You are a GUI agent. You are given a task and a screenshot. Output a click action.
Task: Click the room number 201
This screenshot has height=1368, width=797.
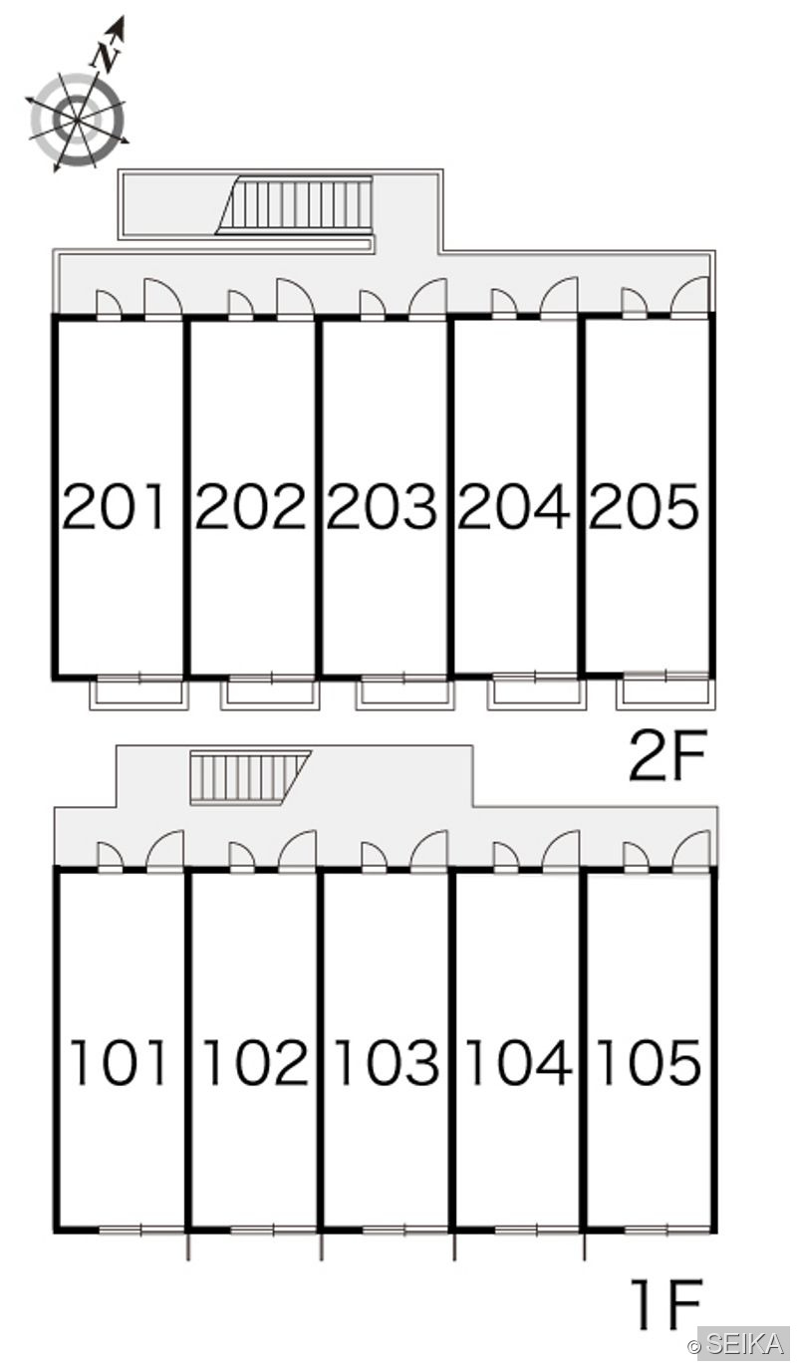[x=115, y=506]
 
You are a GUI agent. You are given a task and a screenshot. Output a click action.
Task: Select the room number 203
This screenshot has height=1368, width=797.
[x=383, y=506]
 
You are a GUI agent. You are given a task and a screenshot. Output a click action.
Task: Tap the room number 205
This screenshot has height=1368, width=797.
[x=644, y=506]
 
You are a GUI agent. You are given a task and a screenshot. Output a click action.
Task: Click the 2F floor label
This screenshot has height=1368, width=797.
[x=666, y=756]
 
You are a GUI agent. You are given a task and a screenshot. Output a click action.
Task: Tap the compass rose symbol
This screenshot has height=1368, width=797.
[x=78, y=120]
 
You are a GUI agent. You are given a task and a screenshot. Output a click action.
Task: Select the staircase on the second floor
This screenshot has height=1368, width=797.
[x=295, y=204]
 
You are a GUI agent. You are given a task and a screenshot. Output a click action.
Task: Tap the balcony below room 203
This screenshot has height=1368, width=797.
[x=404, y=693]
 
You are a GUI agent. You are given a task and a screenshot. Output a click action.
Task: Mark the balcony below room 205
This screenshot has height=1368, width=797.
[x=665, y=693]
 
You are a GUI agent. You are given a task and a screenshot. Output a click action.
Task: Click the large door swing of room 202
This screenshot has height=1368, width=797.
[x=296, y=298]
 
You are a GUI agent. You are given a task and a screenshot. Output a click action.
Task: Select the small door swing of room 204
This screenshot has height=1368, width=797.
[x=504, y=303]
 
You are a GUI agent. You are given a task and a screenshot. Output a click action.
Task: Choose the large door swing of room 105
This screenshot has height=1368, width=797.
[x=691, y=850]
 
